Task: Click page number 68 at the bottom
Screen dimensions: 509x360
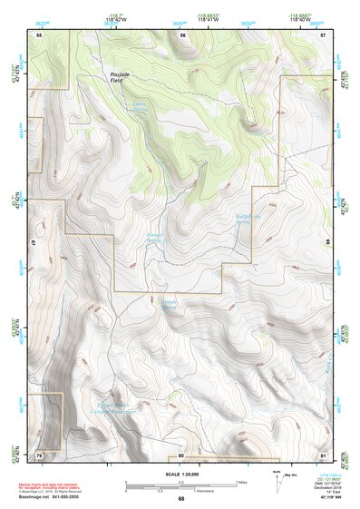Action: coord(180,499)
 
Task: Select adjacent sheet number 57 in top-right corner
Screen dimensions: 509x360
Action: coord(323,34)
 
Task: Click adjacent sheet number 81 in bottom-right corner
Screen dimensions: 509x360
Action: coord(323,455)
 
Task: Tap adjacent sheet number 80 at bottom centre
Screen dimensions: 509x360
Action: coord(181,455)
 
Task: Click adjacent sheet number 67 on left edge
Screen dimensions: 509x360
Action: coord(33,243)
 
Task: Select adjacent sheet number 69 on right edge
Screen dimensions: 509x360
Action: coord(328,243)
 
